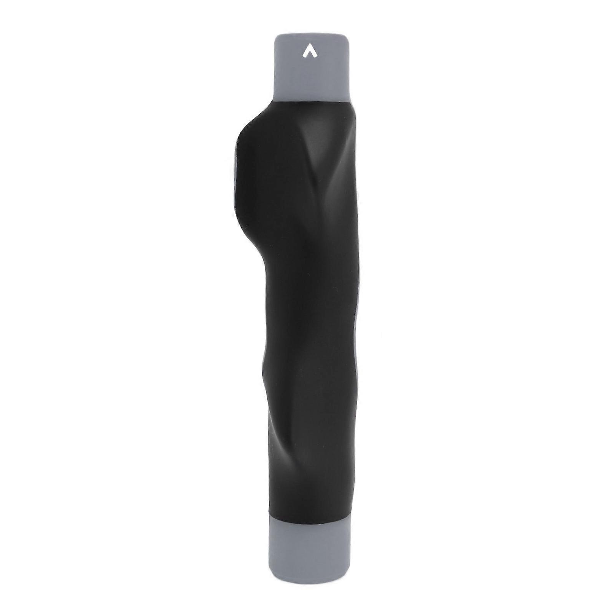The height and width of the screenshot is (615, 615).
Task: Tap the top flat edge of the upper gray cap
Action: point(311,35)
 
